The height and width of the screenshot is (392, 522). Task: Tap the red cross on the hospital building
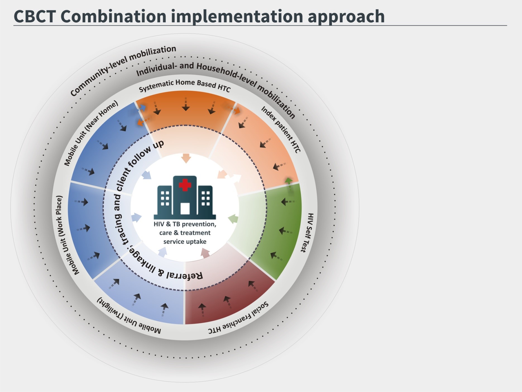[x=185, y=185]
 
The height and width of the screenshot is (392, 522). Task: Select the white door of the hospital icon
[x=185, y=208]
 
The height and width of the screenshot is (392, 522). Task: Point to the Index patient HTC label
[x=281, y=129]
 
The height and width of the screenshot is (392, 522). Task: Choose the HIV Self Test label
[x=307, y=232]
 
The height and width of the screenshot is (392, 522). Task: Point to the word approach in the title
[x=346, y=17]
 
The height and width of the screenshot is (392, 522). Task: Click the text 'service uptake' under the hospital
[x=185, y=242]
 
